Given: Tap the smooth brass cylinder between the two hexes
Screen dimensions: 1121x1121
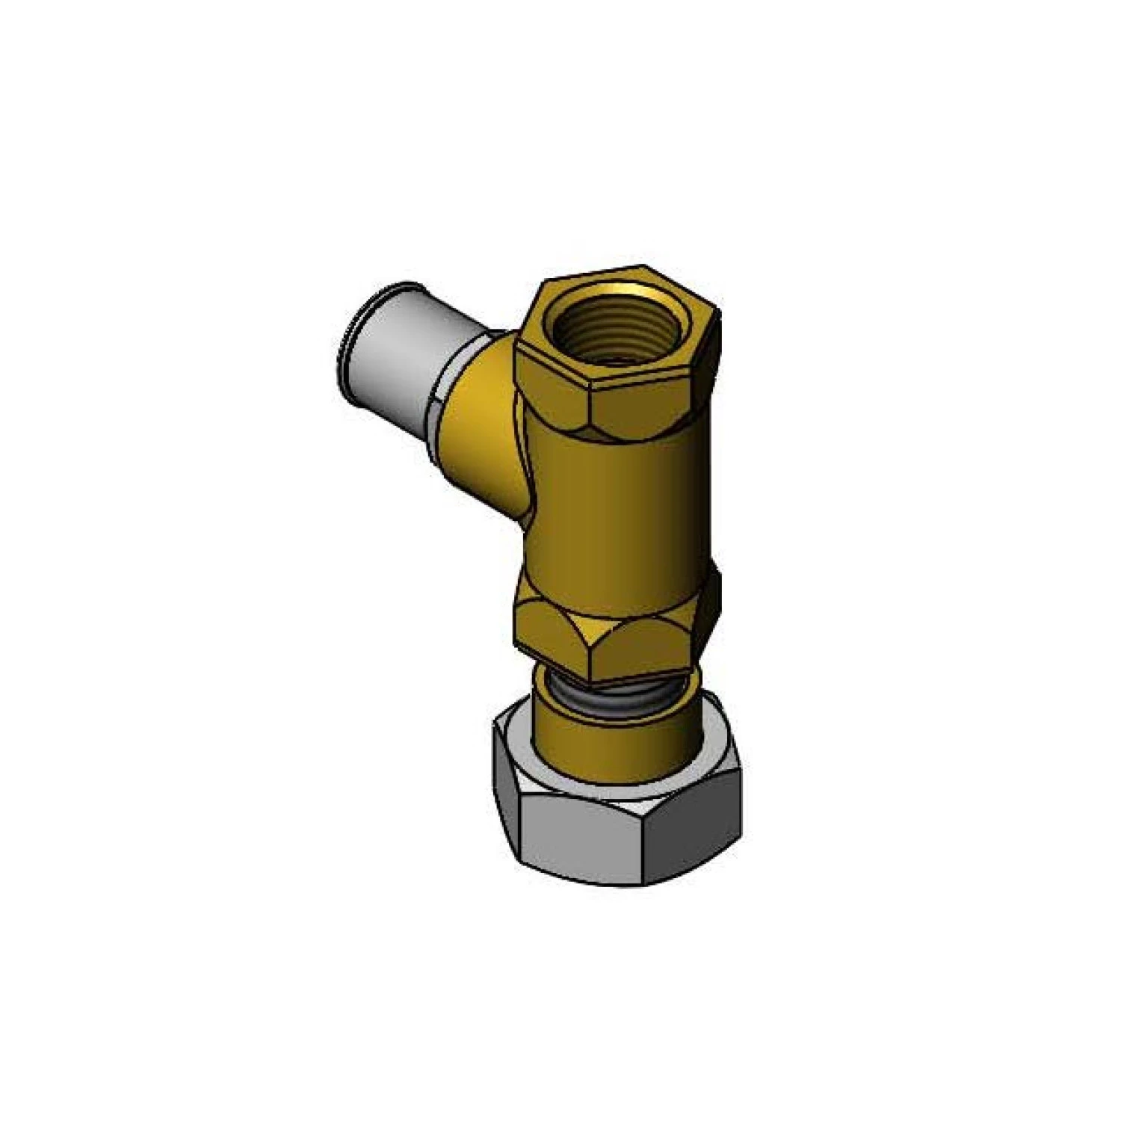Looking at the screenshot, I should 613,508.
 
